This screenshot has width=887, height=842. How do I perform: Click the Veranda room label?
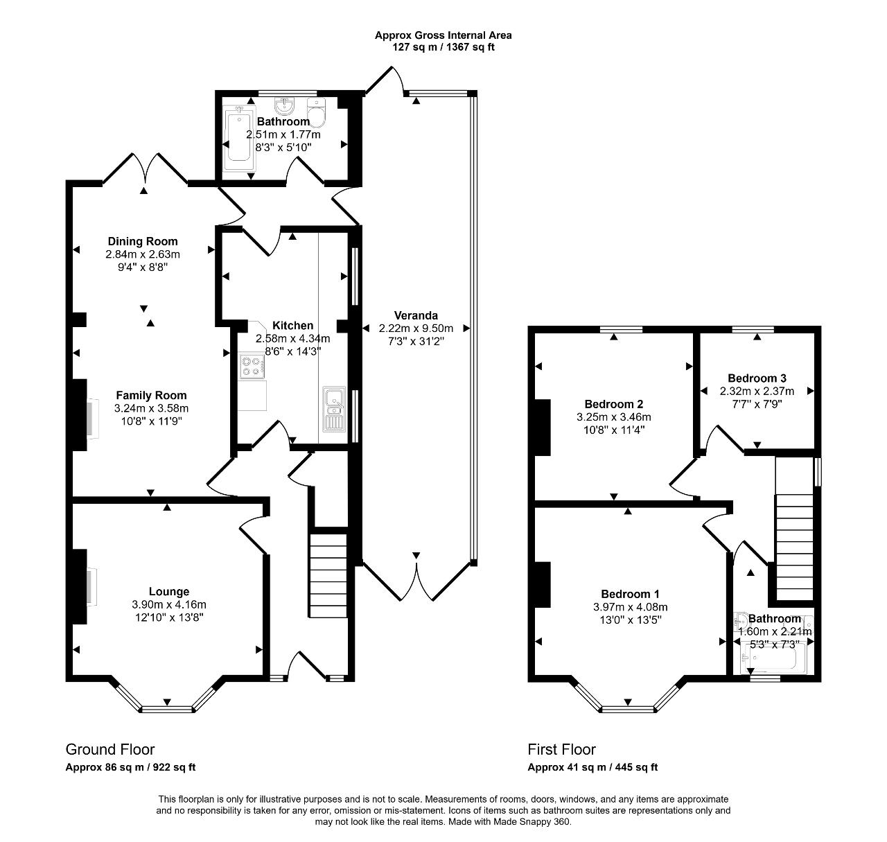pyautogui.click(x=416, y=315)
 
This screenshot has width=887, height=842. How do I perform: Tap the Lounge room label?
pyautogui.click(x=168, y=591)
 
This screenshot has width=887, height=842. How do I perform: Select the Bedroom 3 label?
pyautogui.click(x=757, y=378)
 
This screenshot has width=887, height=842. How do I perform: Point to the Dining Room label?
pyautogui.click(x=143, y=241)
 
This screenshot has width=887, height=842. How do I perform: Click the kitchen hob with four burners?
pyautogui.click(x=252, y=365)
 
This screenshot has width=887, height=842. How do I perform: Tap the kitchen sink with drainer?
pyautogui.click(x=334, y=409)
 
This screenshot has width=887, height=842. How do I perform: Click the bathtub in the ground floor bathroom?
pyautogui.click(x=238, y=138)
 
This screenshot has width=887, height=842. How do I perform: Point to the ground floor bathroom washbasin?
pyautogui.click(x=284, y=106)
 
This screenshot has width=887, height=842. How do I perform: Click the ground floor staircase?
pyautogui.click(x=328, y=575)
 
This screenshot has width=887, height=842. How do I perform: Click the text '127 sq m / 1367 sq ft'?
pyautogui.click(x=443, y=47)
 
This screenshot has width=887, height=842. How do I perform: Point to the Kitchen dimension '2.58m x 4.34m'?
pyautogui.click(x=293, y=338)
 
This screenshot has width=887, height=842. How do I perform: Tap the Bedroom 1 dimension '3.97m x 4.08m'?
pyautogui.click(x=631, y=607)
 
